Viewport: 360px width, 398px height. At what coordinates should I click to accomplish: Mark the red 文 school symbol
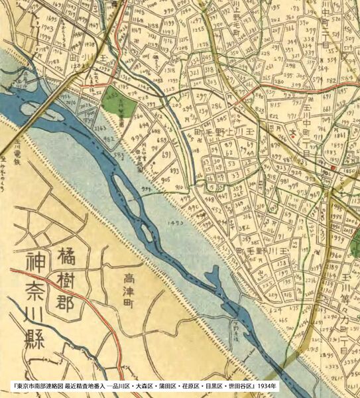tap(292, 135)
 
